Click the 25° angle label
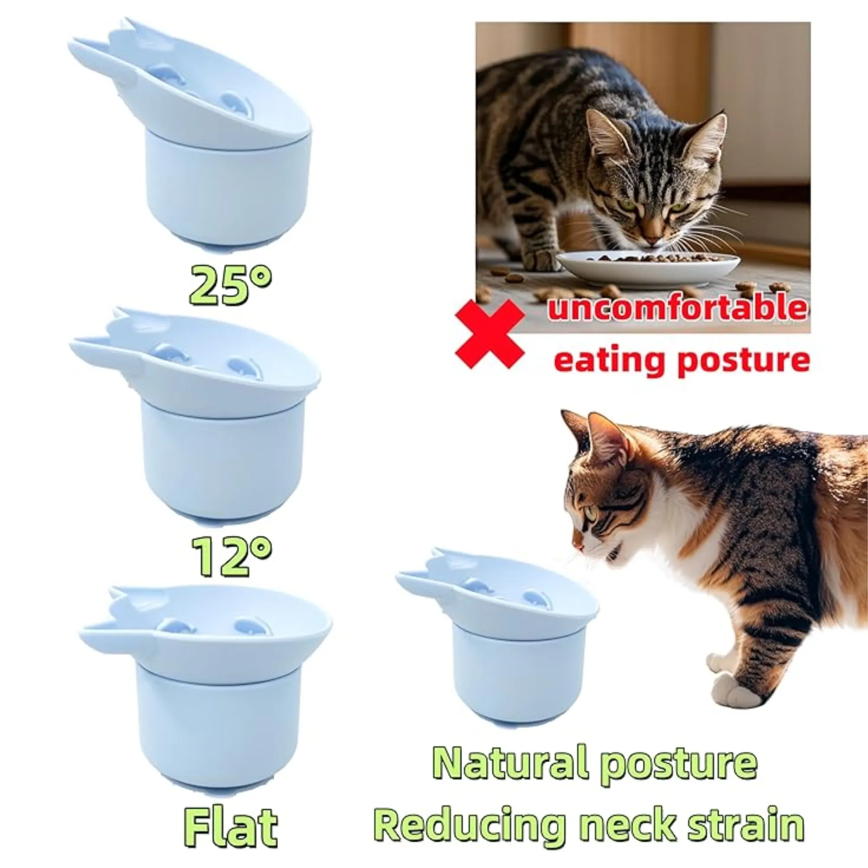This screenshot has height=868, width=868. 230,285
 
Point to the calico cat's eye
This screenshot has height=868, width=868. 590,513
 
